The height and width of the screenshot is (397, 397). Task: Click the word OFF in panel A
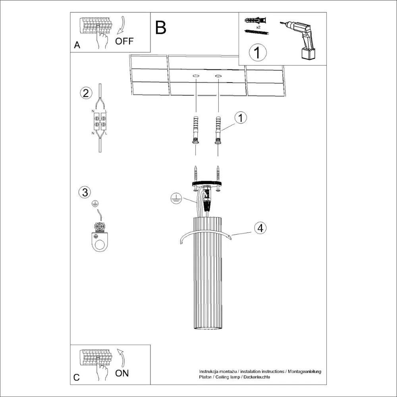(125, 41)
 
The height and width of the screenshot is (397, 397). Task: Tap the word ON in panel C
(122, 373)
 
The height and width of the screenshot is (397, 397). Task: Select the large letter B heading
(161, 28)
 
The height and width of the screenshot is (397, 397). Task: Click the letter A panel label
(77, 45)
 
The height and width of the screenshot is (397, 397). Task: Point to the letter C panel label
(77, 377)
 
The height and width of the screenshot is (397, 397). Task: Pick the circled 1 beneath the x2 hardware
(257, 53)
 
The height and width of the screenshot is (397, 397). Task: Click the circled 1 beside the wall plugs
(241, 118)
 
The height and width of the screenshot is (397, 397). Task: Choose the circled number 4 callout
(260, 228)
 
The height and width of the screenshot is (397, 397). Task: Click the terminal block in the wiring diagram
(100, 122)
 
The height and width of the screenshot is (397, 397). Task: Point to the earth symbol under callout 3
(95, 204)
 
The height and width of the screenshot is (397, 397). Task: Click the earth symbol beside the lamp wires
(175, 199)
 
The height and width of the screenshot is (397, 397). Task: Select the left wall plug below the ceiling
(195, 130)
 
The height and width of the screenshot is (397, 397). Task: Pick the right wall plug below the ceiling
(218, 130)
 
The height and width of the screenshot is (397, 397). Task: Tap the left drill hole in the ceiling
(196, 75)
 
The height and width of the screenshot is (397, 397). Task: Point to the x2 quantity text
(258, 27)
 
